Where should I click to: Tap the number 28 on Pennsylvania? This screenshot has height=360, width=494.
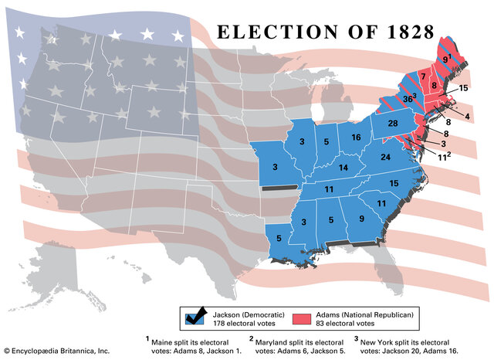392,124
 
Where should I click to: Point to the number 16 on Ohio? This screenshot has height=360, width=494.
356,138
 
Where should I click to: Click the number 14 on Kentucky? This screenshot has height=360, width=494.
340,168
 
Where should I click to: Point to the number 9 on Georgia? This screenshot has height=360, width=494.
362,219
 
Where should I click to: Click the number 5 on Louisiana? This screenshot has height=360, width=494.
278,239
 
